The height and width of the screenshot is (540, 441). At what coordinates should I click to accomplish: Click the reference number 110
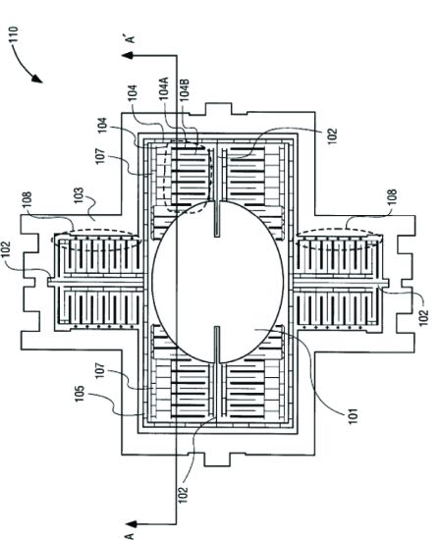click(x=14, y=34)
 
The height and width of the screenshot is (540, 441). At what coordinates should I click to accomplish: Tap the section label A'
click(x=131, y=37)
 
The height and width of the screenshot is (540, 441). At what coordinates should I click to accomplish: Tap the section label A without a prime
click(x=130, y=535)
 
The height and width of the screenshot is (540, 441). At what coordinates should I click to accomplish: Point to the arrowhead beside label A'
click(x=128, y=55)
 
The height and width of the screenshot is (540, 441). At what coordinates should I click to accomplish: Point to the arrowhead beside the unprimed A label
click(x=131, y=524)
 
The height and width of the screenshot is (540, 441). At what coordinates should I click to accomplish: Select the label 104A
click(x=164, y=88)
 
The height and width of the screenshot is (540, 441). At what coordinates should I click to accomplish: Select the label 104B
click(x=185, y=90)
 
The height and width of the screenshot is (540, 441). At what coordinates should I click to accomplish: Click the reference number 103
click(x=79, y=195)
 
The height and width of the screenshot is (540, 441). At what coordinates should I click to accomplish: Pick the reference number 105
click(x=80, y=394)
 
